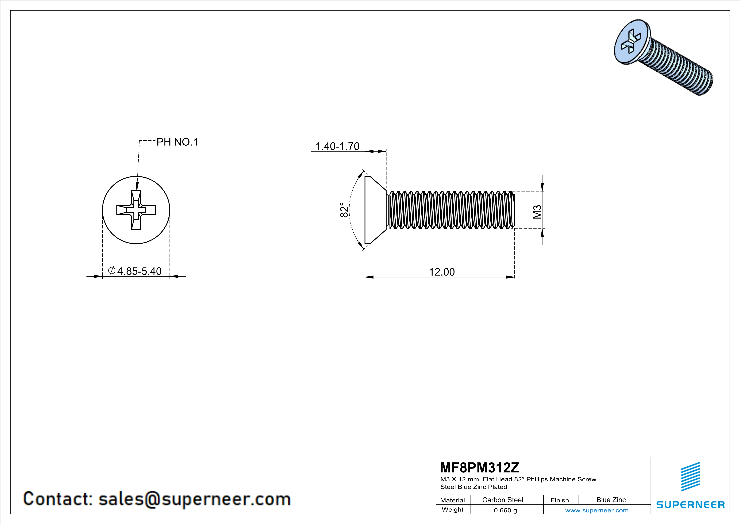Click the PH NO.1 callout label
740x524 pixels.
[x=177, y=142]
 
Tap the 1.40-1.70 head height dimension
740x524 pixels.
[x=337, y=146]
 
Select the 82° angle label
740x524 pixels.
[x=344, y=210]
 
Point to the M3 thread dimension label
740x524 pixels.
[x=537, y=212]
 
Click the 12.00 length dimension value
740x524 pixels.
[x=442, y=272]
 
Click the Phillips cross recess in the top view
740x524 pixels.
[x=136, y=210]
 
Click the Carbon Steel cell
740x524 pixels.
[x=502, y=500]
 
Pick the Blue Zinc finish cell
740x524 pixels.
[x=611, y=500]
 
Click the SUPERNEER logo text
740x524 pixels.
[x=690, y=505]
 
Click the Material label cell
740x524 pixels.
[x=453, y=500]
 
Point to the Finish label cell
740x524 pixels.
[x=560, y=500]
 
